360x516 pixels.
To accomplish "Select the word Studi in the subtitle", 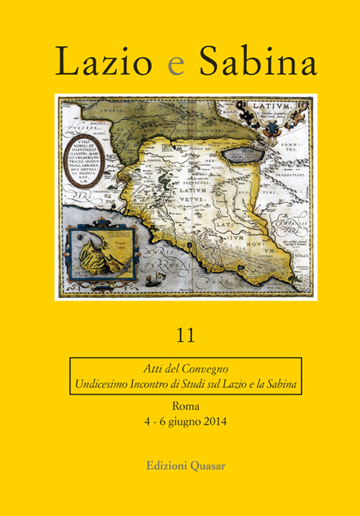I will [194, 384].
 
